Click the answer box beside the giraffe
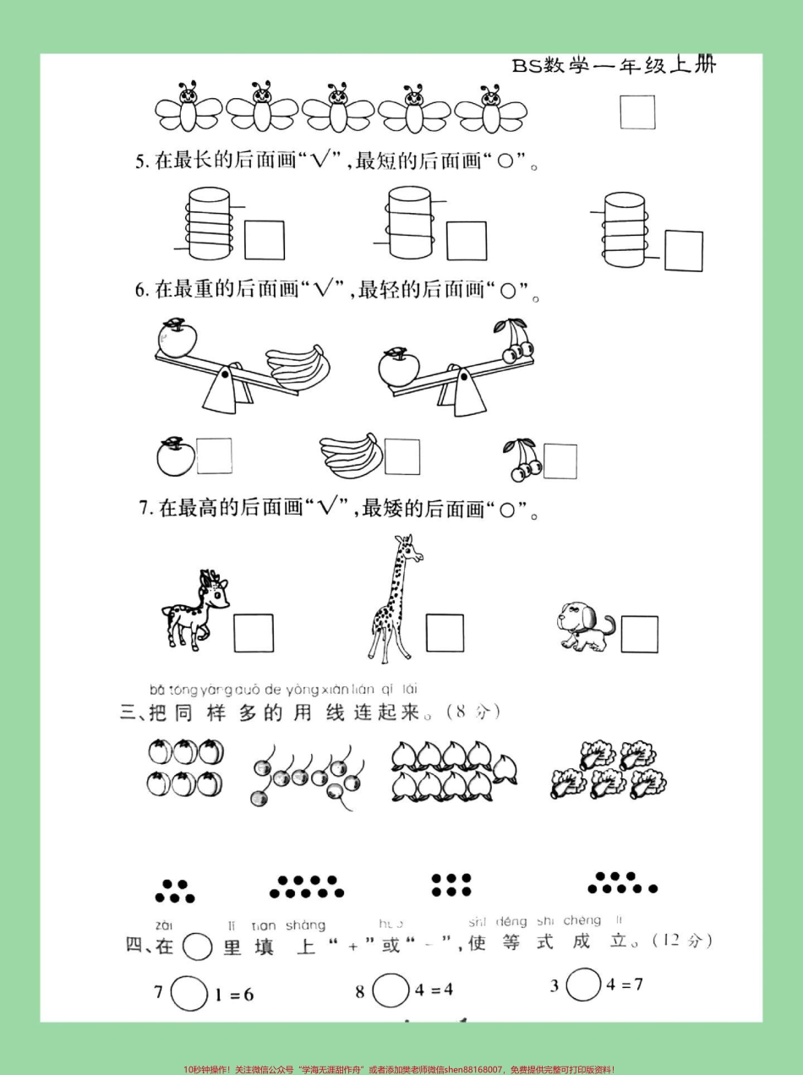point(445,633)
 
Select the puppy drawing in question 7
point(586,628)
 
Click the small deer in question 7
point(196,608)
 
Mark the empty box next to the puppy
point(639,635)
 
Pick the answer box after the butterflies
point(637,112)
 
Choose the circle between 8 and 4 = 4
point(390,990)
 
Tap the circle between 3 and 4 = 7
point(582,985)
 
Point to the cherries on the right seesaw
point(515,342)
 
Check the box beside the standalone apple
point(214,456)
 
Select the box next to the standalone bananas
point(401,456)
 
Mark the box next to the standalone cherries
point(560,461)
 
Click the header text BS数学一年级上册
point(614,66)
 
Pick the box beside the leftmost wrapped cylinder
point(265,240)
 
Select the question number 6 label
point(141,291)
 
